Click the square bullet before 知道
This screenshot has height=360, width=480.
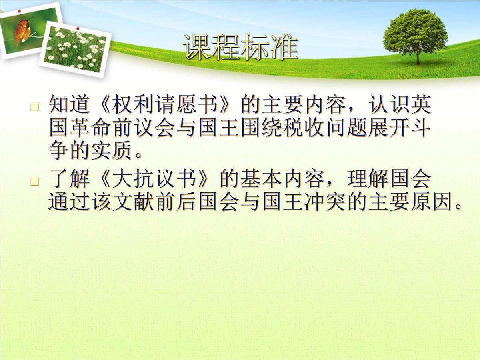[35, 107]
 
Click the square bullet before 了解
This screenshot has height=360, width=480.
[35, 182]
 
